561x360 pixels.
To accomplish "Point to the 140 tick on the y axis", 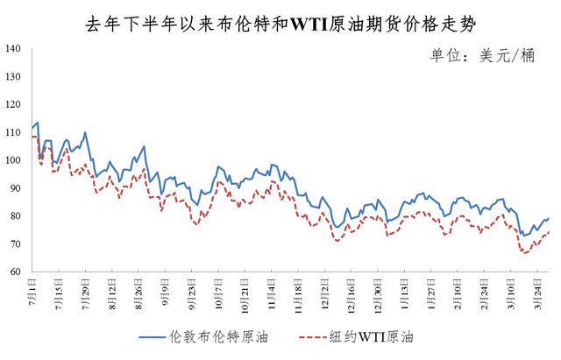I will (14, 48).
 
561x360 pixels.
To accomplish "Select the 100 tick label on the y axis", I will (14, 160).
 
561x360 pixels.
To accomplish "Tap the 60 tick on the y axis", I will (16, 272).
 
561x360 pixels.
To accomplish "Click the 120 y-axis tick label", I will (14, 104).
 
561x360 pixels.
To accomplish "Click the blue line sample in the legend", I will (158, 336).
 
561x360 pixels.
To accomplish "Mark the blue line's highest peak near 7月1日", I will (38, 123).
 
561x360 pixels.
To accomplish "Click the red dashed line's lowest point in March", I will (524, 253).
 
